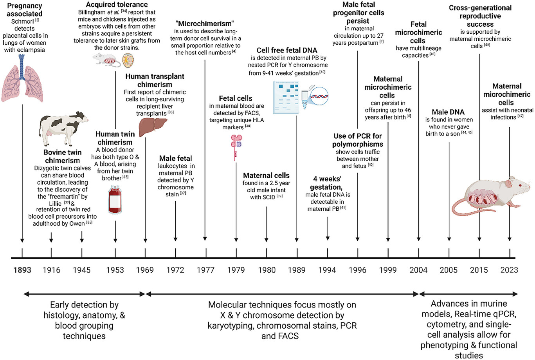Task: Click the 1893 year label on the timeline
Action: click(22, 270)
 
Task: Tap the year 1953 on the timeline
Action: click(115, 270)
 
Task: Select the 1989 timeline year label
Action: click(297, 270)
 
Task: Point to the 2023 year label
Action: click(509, 270)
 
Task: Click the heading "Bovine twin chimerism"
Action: click(63, 156)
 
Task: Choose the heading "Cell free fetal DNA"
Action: click(287, 50)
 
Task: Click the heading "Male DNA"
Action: click(448, 112)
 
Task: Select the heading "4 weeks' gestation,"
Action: click(327, 183)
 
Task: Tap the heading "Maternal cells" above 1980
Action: click(266, 175)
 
